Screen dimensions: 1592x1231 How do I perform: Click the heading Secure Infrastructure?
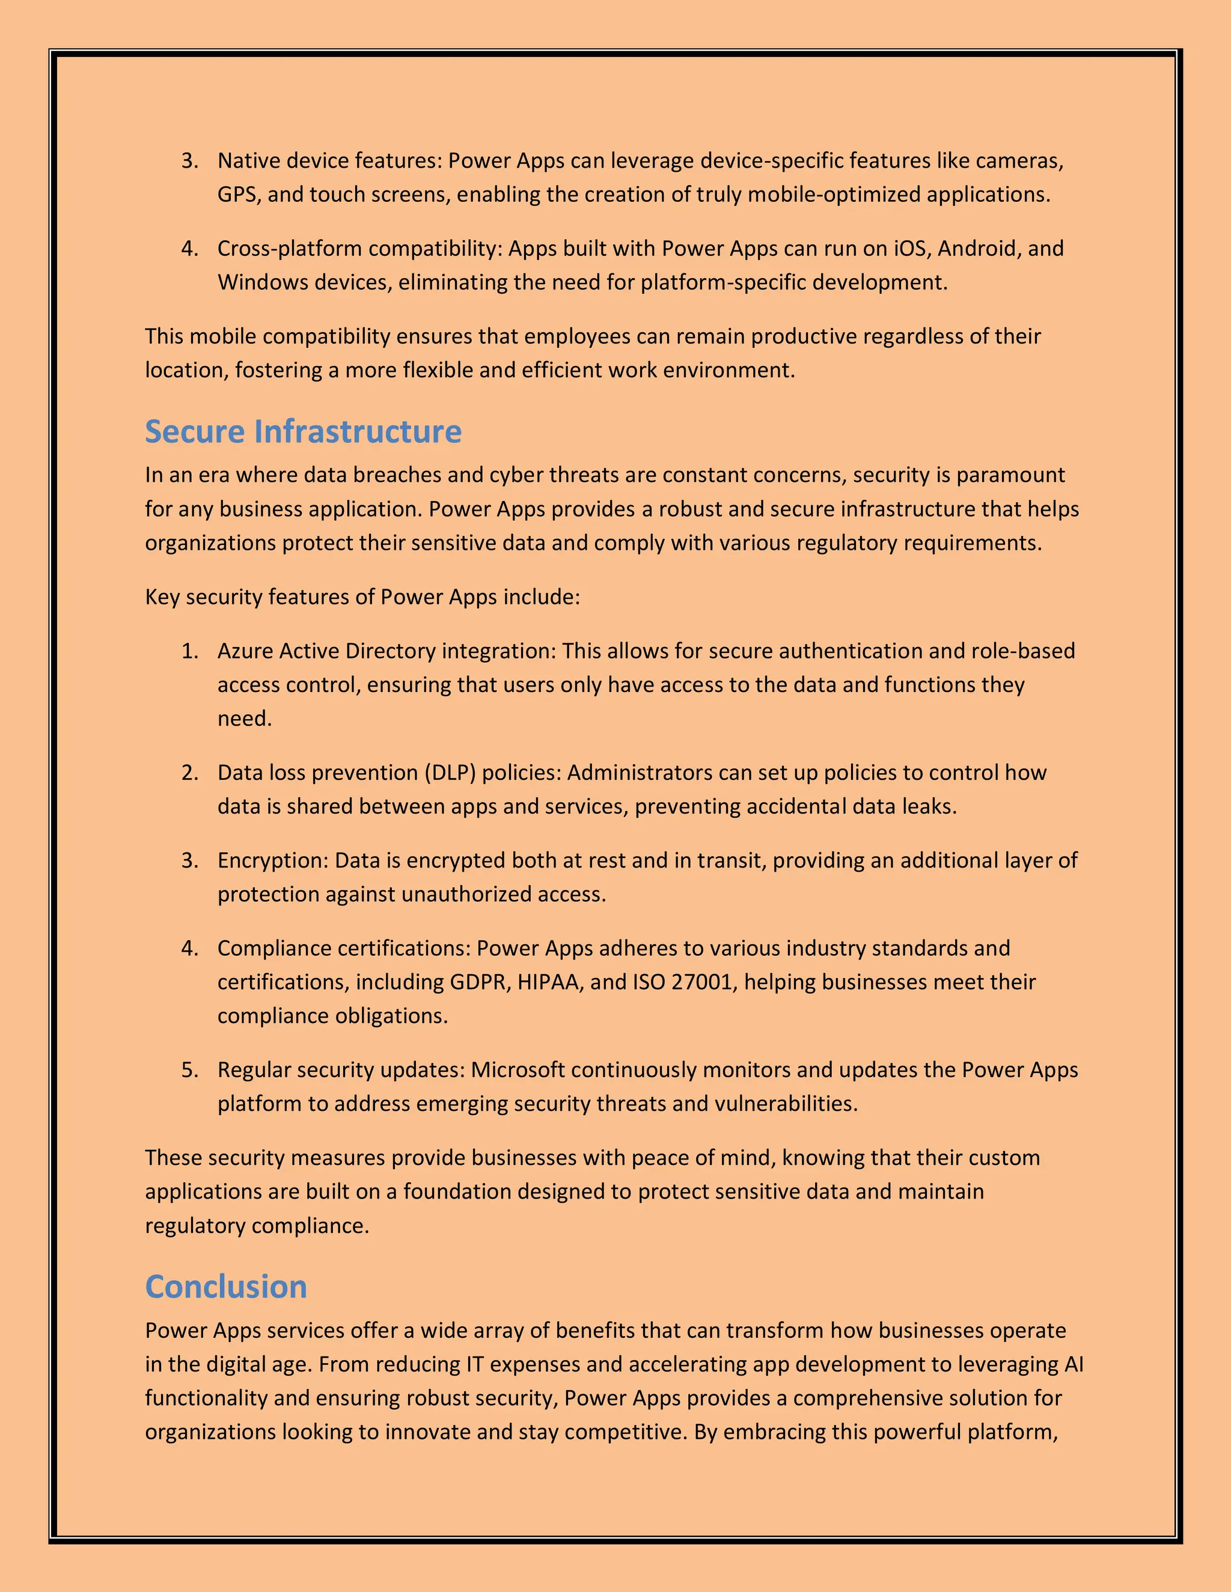(x=303, y=431)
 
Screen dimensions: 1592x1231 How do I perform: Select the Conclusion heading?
(x=225, y=1287)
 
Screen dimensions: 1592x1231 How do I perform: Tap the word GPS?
(x=236, y=195)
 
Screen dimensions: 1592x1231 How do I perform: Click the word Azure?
(x=245, y=651)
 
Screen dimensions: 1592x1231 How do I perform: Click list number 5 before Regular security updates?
(x=189, y=1070)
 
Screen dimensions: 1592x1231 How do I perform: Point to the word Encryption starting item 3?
(x=273, y=861)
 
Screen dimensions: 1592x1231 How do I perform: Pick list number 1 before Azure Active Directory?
(x=189, y=651)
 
